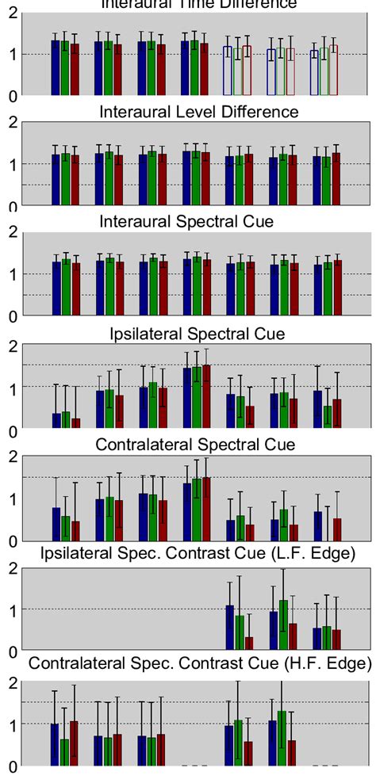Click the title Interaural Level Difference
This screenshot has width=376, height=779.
(x=199, y=112)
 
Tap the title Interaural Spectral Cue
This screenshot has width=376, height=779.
(x=198, y=222)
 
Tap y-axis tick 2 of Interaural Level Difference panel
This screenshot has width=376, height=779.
(x=11, y=122)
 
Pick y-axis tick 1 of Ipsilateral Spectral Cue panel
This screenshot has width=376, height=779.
(x=11, y=388)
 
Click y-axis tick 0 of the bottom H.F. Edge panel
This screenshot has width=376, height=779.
(x=11, y=767)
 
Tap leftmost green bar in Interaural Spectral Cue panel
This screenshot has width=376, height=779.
(x=66, y=288)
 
